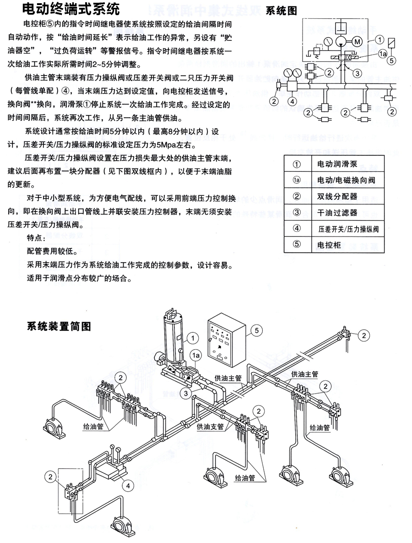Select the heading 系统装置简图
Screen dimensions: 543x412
[x=59, y=326]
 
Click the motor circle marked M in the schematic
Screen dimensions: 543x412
[x=357, y=42]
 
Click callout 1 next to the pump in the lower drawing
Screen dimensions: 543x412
[x=194, y=338]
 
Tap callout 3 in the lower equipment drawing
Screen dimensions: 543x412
[x=185, y=393]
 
